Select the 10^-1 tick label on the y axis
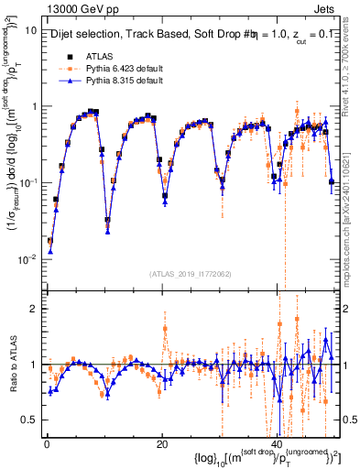point(27,182)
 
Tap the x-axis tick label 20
point(162,443)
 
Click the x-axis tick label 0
point(46,443)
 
